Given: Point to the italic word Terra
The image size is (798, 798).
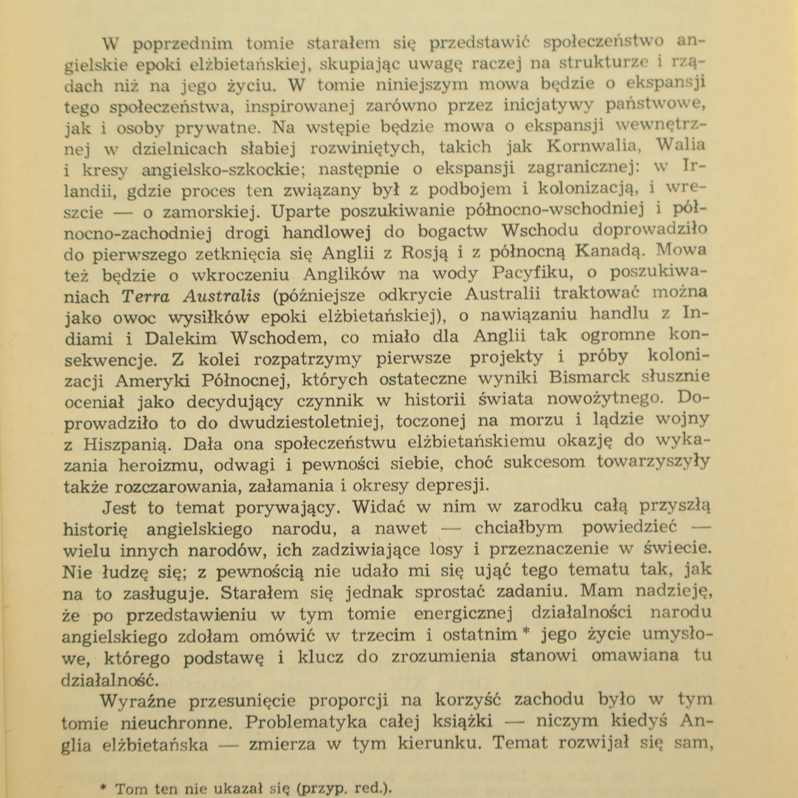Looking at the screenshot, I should (147, 296).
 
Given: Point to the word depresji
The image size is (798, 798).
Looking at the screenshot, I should (453, 485).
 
